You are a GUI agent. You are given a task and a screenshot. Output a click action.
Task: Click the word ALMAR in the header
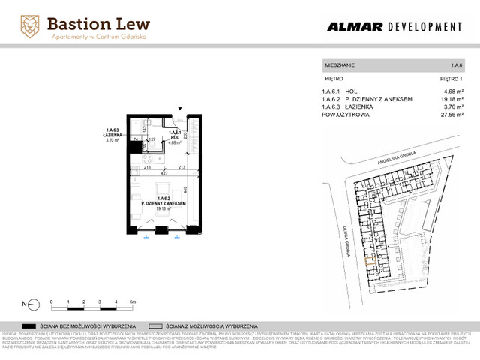click(x=354, y=27)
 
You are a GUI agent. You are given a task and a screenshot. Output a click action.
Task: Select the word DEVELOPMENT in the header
click(x=424, y=27)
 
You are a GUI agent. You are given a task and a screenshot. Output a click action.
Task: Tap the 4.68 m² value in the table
click(x=454, y=91)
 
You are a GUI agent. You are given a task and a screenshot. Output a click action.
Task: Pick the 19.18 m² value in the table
click(x=452, y=99)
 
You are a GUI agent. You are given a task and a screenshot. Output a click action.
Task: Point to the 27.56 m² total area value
click(x=452, y=115)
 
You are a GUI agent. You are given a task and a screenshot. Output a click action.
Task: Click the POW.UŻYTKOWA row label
click(x=345, y=115)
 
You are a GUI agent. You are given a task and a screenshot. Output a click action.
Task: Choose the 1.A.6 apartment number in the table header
click(x=457, y=65)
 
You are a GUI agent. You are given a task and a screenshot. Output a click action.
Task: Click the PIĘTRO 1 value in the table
click(x=451, y=78)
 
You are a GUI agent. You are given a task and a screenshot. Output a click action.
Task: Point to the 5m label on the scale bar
click(x=132, y=300)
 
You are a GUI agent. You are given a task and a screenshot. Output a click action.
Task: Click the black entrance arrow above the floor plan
click(x=178, y=109)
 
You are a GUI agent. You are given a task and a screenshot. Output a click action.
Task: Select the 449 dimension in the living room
click(x=184, y=190)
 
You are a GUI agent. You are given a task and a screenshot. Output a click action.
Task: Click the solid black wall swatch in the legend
click(x=31, y=326)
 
